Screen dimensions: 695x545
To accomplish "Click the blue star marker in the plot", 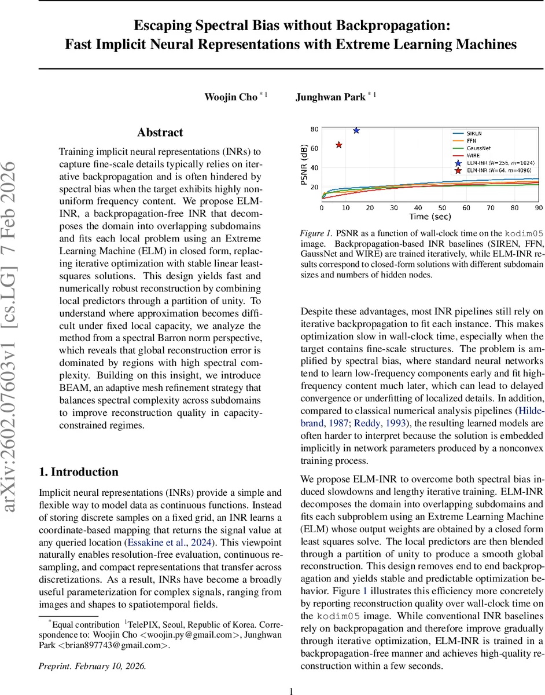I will coord(356,131).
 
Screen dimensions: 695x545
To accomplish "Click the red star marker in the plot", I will coord(339,145).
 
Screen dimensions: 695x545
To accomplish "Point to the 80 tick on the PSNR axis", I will coord(314,129).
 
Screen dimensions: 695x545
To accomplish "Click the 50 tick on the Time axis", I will coord(442,207).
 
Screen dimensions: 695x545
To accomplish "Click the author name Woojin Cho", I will coord(230,97).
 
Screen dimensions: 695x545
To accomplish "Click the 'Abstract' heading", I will coord(160,133).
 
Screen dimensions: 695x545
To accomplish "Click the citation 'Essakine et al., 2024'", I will coord(168,543).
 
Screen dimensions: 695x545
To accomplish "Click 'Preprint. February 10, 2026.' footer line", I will coord(93,666).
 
